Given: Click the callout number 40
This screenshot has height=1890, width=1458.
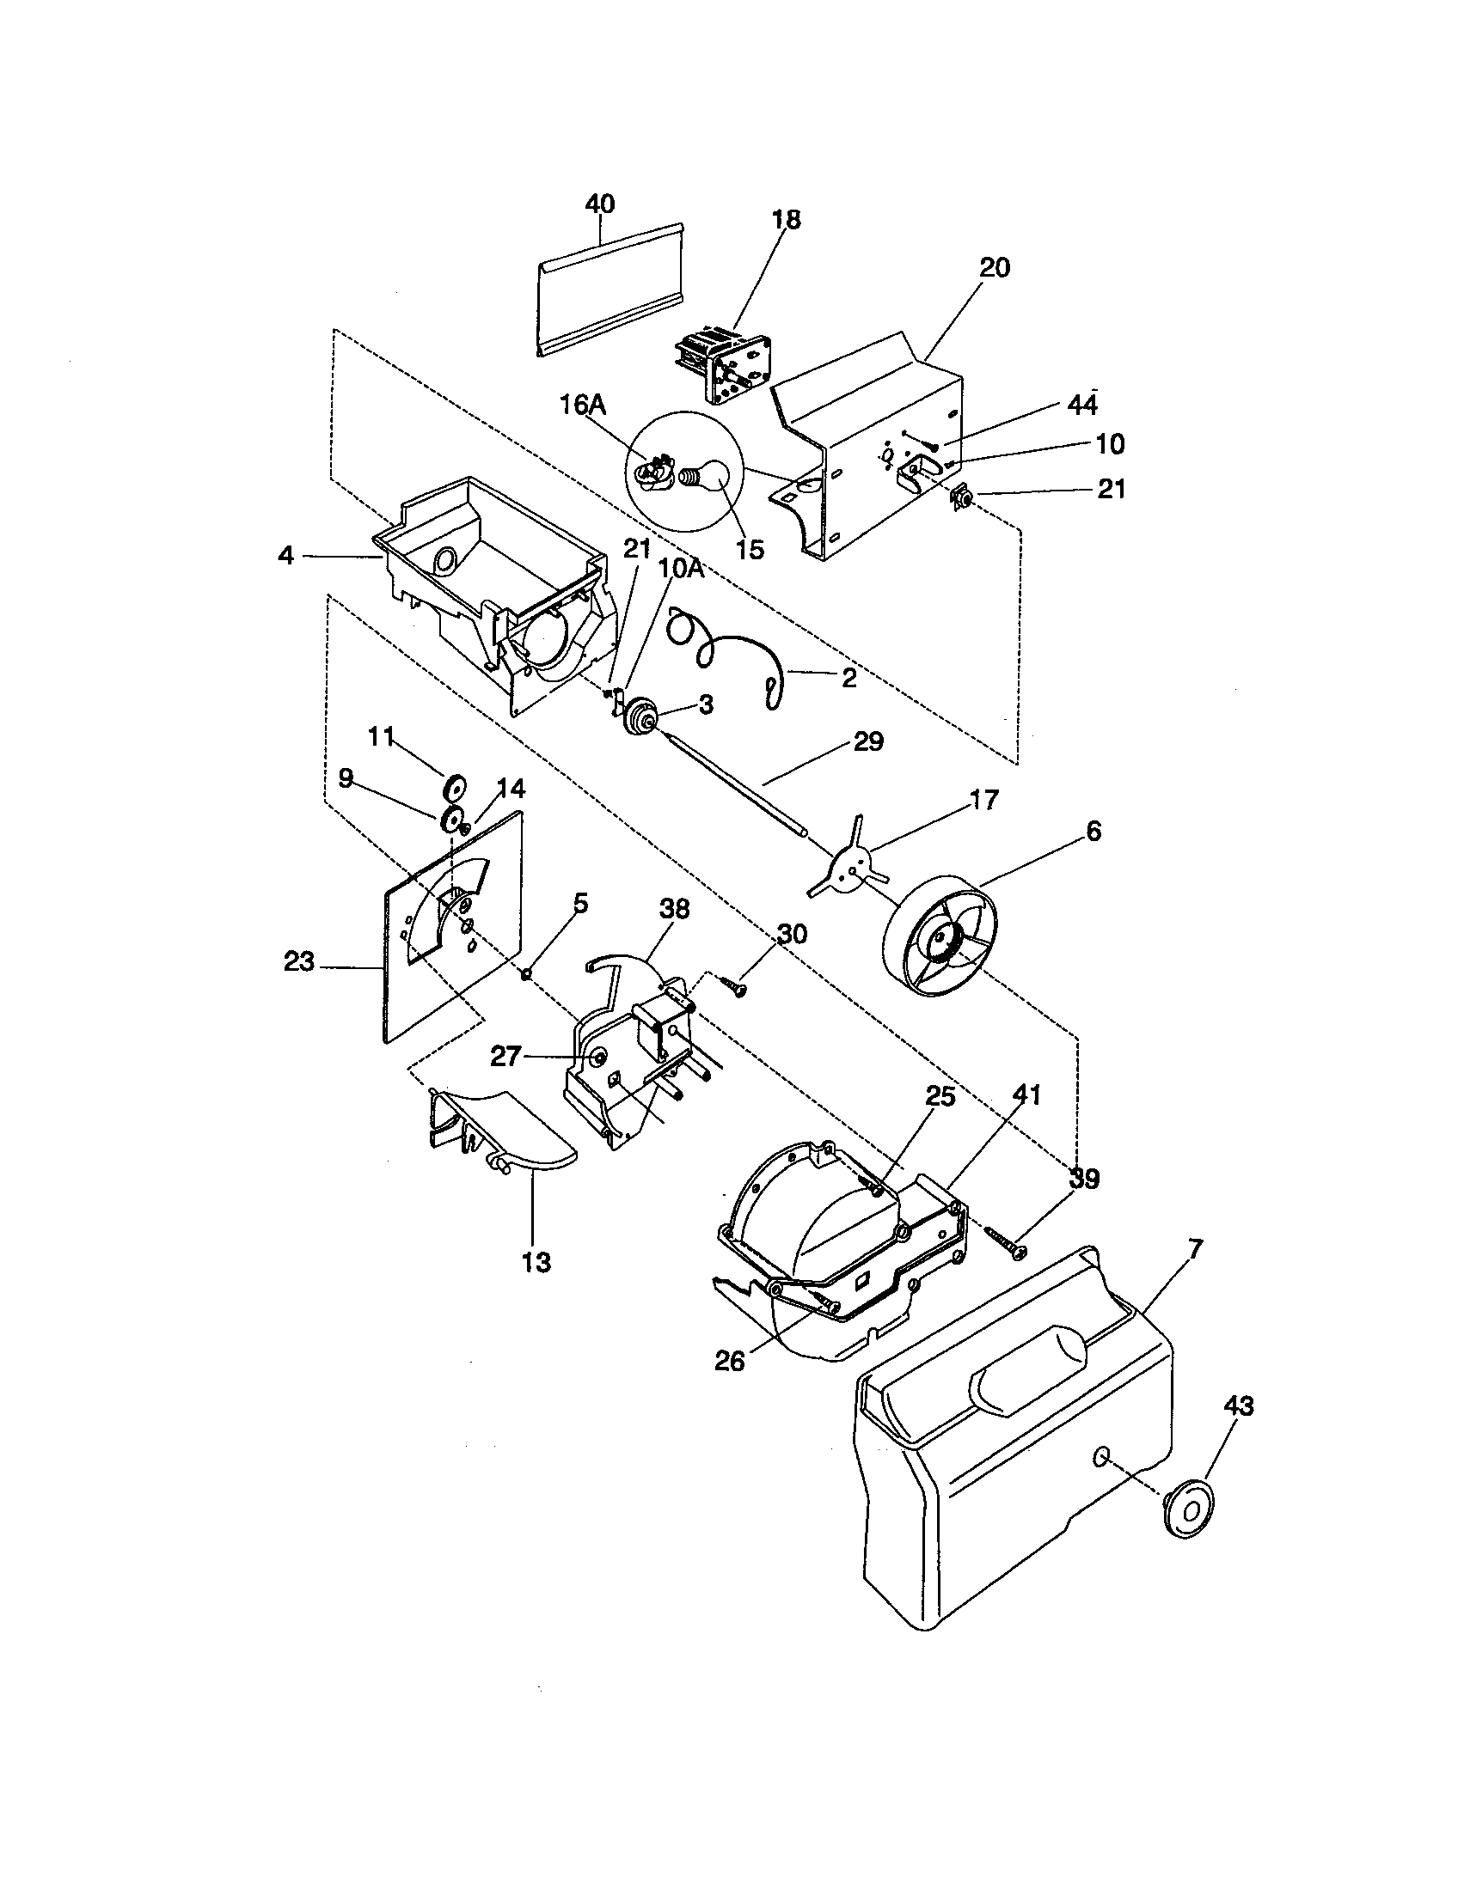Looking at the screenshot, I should coord(599,204).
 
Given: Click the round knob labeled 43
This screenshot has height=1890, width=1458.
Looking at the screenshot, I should coord(1186,1509).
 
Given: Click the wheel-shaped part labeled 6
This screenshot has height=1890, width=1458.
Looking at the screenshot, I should coord(940,937).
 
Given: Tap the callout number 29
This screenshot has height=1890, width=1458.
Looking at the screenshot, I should coord(868,741).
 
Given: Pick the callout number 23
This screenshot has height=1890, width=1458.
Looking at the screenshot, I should coord(299,960).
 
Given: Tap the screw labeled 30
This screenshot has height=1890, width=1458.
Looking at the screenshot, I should coord(734,986).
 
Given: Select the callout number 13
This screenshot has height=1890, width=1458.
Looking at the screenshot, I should coord(536,1263).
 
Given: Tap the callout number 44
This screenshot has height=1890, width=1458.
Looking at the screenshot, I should coord(1082,405).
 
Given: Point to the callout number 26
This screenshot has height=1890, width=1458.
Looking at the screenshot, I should coord(730,1362).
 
